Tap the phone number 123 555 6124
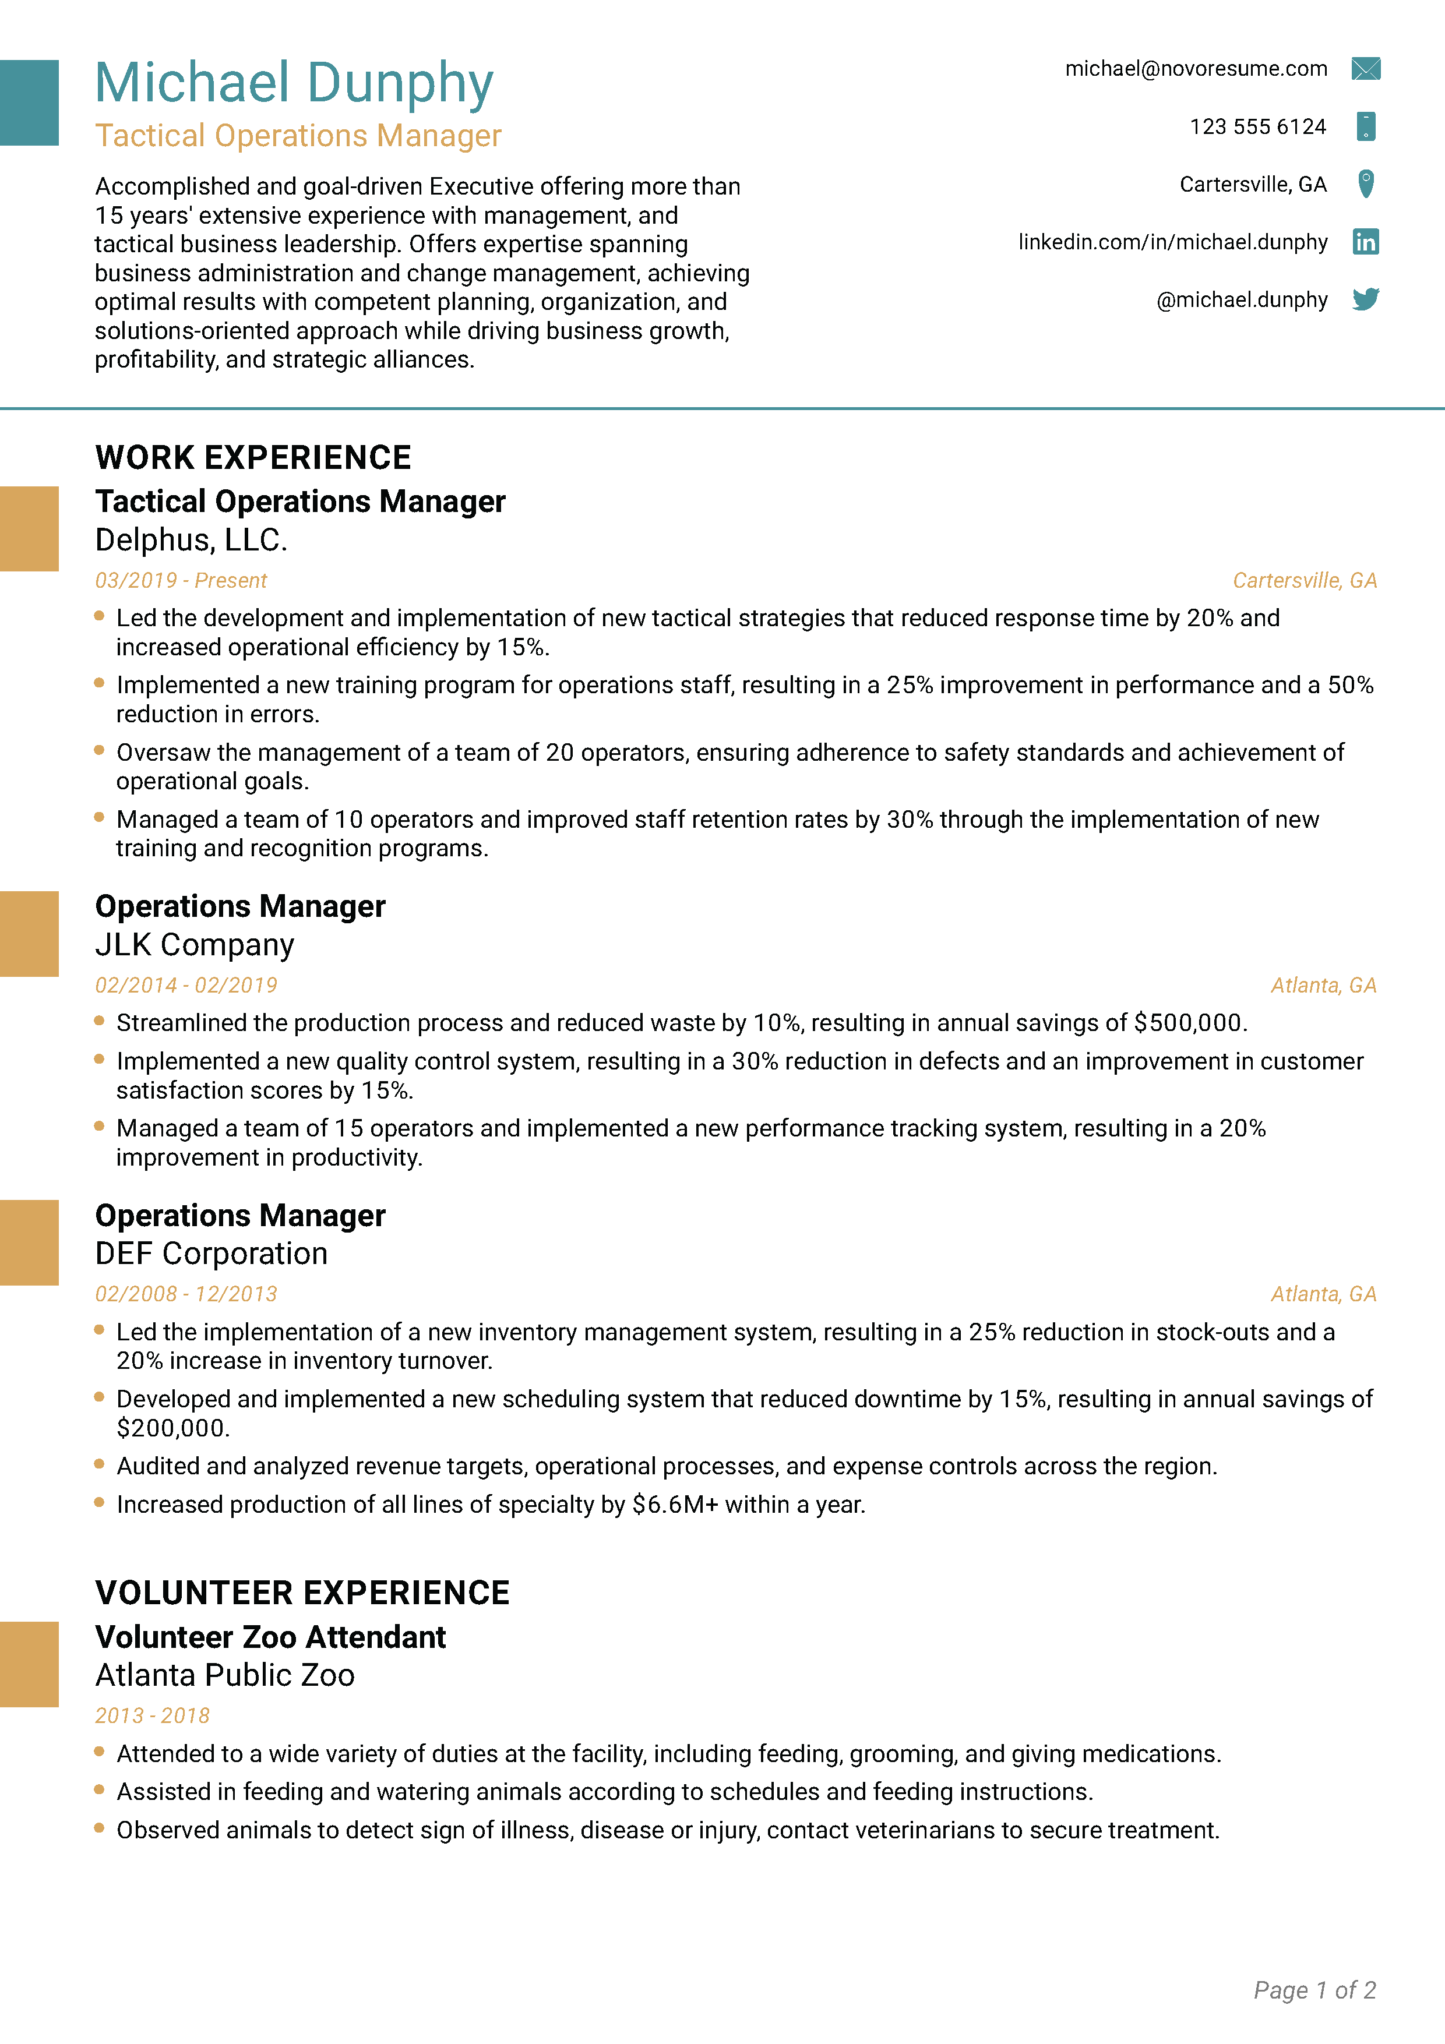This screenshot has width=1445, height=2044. (1257, 126)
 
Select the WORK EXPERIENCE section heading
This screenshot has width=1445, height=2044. (253, 458)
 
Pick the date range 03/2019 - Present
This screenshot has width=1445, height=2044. (181, 580)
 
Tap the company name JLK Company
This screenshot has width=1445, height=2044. (194, 945)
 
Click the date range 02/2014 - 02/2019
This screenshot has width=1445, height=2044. (186, 986)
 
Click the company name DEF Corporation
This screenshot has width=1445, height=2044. (211, 1254)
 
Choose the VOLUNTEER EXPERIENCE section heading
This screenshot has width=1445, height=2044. (302, 1593)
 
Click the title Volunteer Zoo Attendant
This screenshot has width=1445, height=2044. (270, 1637)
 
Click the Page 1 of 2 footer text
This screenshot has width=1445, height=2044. (1314, 1990)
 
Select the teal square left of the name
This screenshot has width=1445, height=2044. (29, 103)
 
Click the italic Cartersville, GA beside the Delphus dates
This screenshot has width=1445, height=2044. (1305, 580)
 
